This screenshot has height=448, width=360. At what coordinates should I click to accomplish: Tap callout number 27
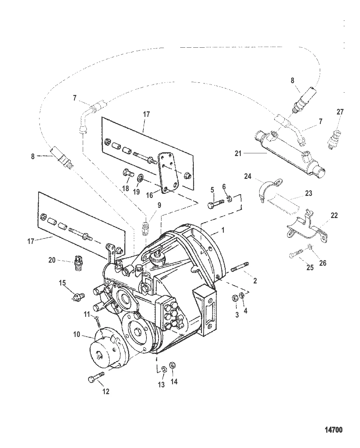tap(340, 112)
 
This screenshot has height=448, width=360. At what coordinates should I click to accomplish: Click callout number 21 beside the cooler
tap(238, 154)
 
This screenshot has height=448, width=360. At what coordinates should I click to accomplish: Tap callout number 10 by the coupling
tap(76, 334)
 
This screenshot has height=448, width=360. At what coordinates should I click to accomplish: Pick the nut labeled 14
tap(172, 365)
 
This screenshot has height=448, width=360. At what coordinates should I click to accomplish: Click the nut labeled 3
tap(234, 298)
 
